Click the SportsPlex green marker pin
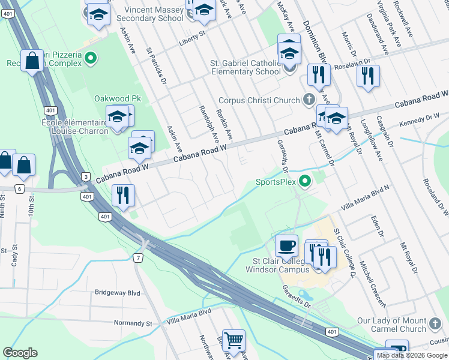[306, 180]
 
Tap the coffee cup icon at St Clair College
[286, 245]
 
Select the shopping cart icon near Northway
[234, 340]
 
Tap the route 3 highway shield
[86, 177]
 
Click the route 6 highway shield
[20, 189]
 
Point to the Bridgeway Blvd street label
[117, 293]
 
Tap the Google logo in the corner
[20, 353]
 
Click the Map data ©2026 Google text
[412, 355]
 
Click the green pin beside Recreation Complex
[91, 58]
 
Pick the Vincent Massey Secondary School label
[154, 14]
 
